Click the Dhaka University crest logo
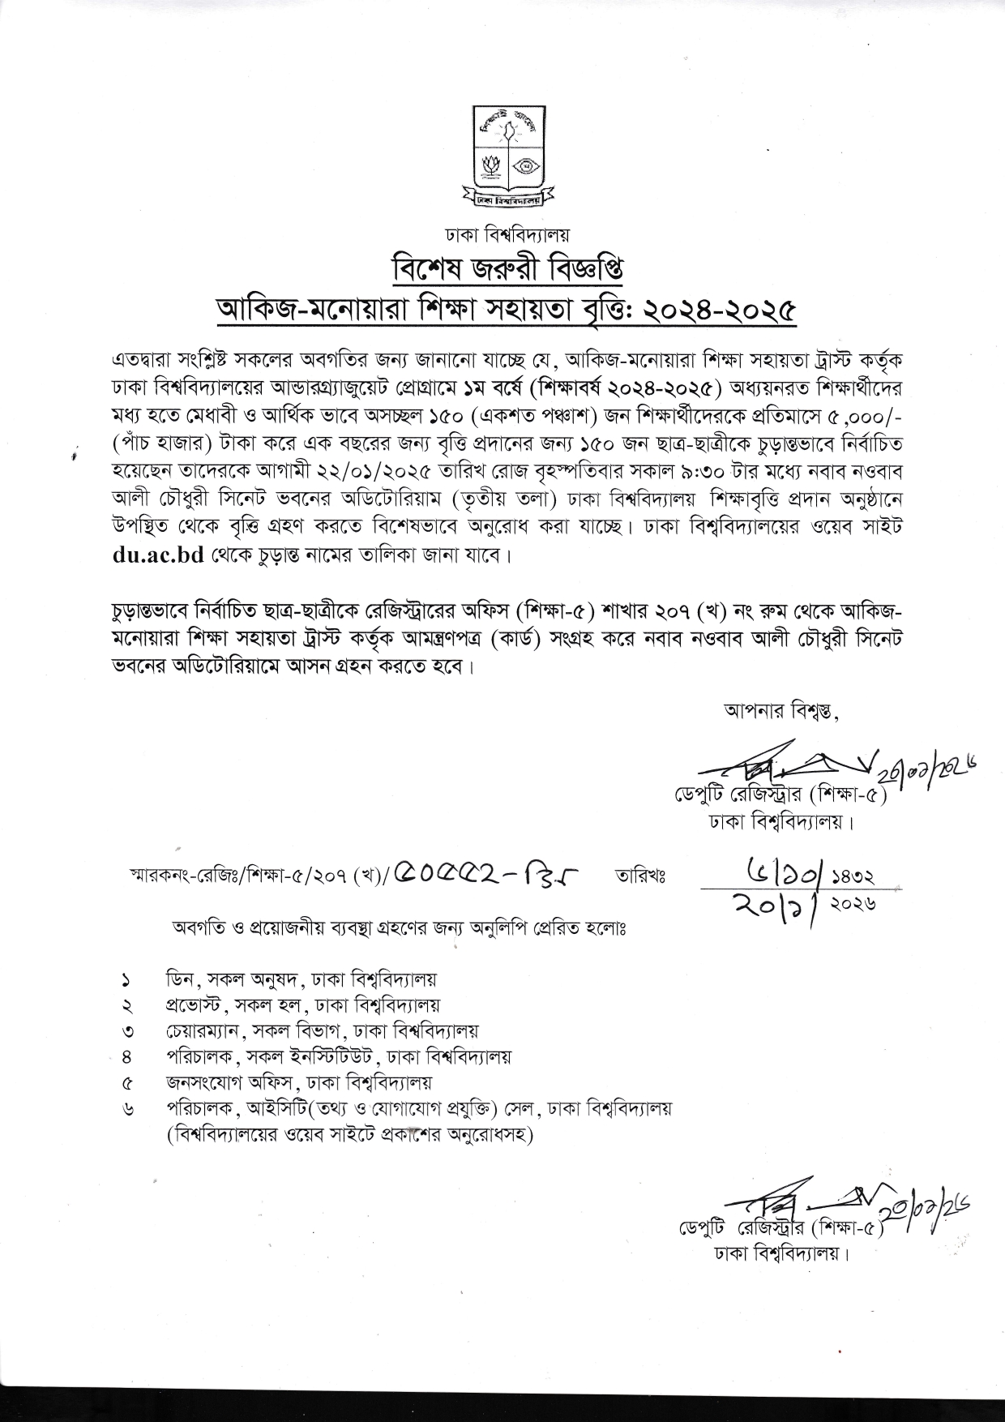coord(508,154)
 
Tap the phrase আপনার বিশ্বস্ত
coord(781,713)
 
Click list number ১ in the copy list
coord(126,980)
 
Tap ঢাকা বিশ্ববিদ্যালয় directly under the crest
coord(507,235)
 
